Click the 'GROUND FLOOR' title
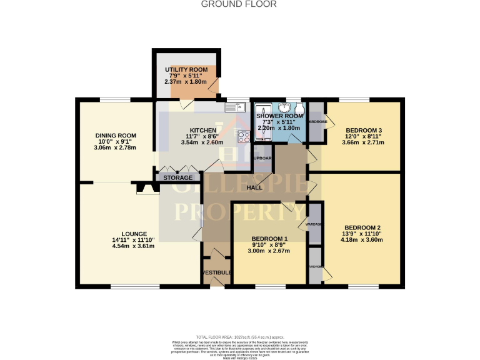pos(239,4)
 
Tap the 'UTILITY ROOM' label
pos(185,69)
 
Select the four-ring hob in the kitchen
pos(243,136)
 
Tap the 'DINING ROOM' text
pos(116,136)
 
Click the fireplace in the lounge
pos(144,187)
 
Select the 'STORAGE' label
pos(177,178)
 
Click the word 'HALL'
pos(254,188)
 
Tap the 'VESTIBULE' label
pos(216,272)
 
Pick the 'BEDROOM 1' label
pos(269,239)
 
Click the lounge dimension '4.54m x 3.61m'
pos(133,246)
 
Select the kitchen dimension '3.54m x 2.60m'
pos(202,142)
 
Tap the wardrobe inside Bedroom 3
pos(316,122)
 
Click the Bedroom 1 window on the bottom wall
pos(270,286)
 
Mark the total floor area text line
pos(239,337)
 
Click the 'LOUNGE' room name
pos(134,234)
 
